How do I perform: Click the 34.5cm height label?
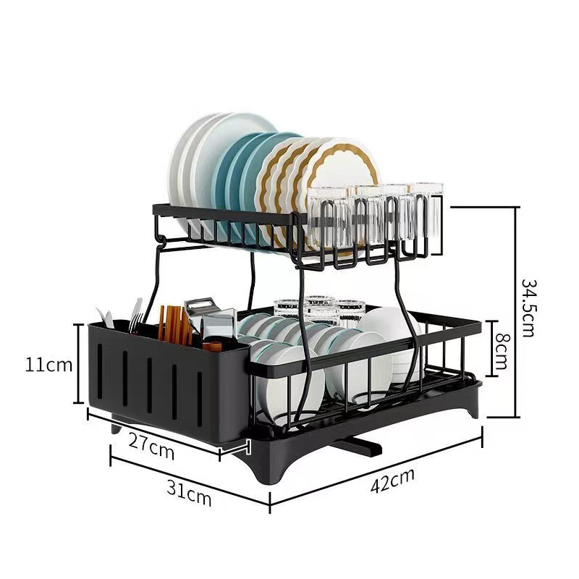[528, 308]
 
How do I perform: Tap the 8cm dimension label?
[502, 351]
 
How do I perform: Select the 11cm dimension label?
[48, 365]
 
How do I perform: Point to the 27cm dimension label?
[151, 446]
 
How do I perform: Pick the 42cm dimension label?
[392, 481]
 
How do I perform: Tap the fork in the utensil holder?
[136, 315]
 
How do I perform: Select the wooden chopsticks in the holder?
[174, 324]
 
